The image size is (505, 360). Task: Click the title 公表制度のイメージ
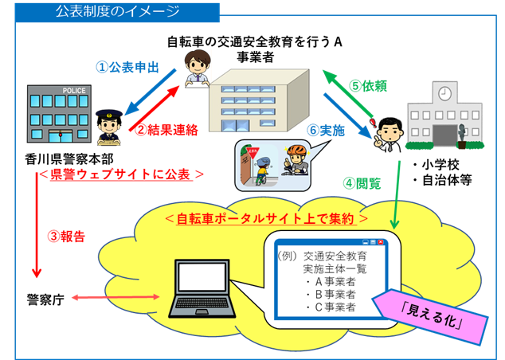(117, 12)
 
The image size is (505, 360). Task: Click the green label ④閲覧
(362, 182)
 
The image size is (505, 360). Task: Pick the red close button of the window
(380, 241)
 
